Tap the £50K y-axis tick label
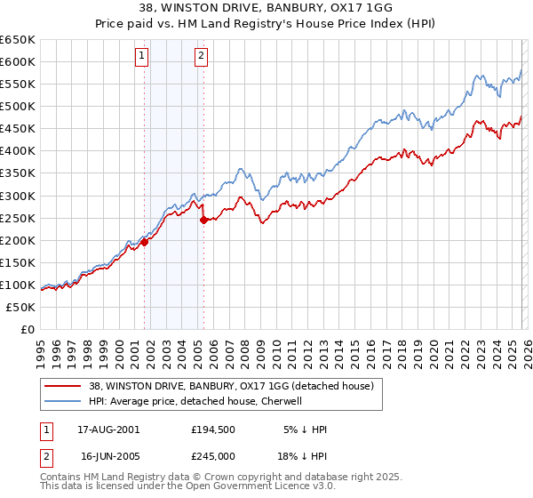[20, 307]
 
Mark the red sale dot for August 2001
[144, 242]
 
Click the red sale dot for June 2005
[203, 220]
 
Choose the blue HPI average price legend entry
[195, 401]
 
